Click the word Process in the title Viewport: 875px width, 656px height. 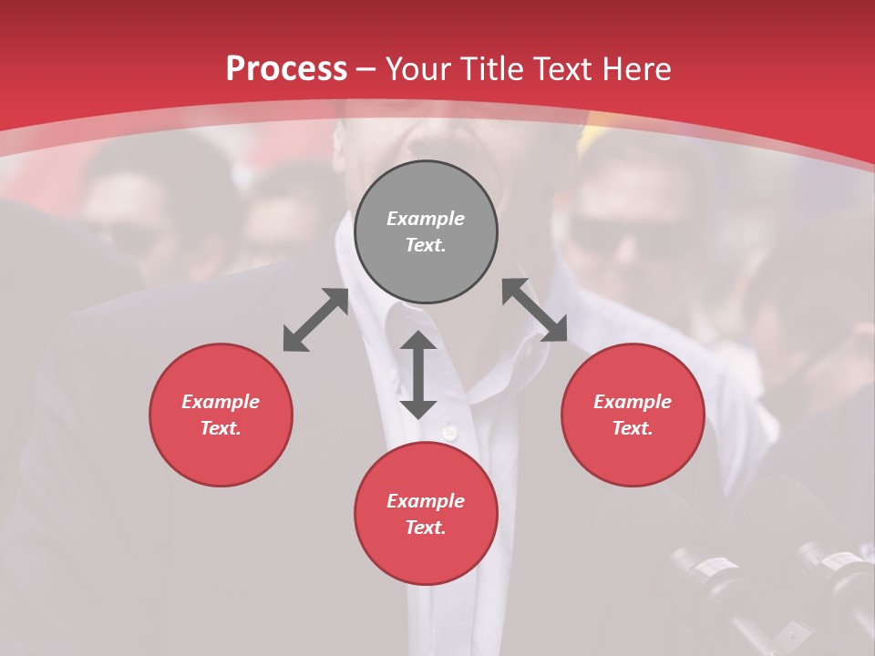pos(286,69)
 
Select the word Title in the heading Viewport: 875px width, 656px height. pos(498,69)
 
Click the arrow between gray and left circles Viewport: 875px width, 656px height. pos(315,320)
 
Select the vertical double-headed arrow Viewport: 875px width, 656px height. pos(418,374)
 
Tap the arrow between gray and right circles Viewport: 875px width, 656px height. pos(535,310)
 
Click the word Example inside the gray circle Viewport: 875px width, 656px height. pos(426,219)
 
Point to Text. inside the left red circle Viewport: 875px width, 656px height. pos(221,428)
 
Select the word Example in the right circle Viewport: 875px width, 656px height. pos(633,402)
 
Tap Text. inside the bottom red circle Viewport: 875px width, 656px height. pos(426,528)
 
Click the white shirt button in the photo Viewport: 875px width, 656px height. pos(448,431)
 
